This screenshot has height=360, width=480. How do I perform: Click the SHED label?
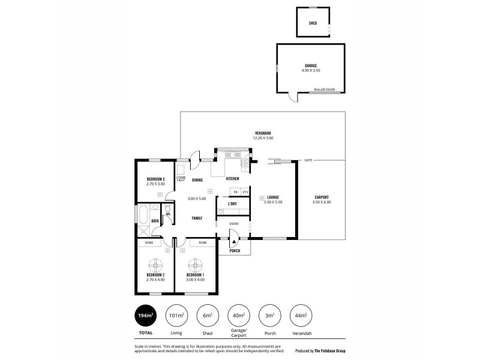[x=313, y=23]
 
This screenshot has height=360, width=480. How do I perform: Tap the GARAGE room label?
[x=310, y=65]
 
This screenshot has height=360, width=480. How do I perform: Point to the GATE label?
[x=308, y=160]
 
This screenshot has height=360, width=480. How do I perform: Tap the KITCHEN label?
[x=232, y=179]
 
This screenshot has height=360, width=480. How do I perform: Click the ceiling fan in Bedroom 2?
[x=155, y=263]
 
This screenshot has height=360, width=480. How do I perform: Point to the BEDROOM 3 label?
[x=155, y=179]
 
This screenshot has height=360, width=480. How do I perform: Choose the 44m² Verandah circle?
[x=302, y=315]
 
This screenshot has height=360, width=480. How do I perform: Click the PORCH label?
[x=235, y=250]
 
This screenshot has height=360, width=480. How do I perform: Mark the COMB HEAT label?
[x=180, y=179]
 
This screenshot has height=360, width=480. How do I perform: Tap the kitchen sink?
[x=229, y=155]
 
